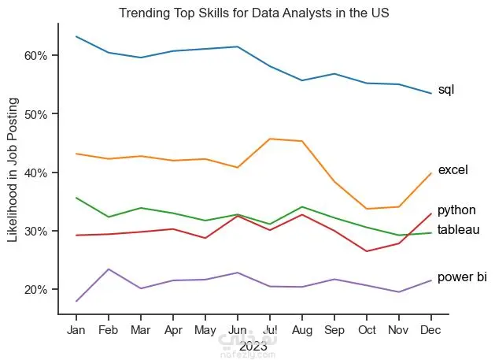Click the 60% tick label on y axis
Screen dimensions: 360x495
(x=36, y=55)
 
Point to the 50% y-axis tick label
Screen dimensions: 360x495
(x=36, y=114)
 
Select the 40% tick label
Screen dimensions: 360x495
(x=36, y=173)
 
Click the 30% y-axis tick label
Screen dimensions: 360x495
(x=36, y=231)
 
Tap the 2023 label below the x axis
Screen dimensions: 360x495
(x=253, y=345)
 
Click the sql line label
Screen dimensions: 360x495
(x=446, y=90)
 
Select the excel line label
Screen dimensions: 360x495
(x=453, y=169)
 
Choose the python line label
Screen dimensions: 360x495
(x=456, y=210)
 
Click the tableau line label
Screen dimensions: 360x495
(x=459, y=229)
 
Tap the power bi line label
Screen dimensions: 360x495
(x=462, y=277)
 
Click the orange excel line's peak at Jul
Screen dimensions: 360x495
(x=270, y=139)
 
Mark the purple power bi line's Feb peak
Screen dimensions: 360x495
(x=109, y=269)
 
